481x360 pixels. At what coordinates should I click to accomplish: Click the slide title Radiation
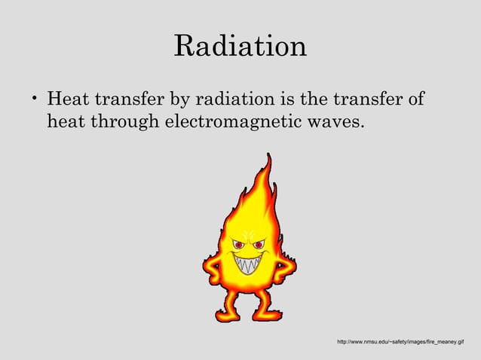(x=240, y=46)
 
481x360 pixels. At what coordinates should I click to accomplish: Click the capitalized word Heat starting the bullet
(x=67, y=99)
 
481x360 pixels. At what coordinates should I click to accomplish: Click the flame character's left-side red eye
(x=239, y=244)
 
